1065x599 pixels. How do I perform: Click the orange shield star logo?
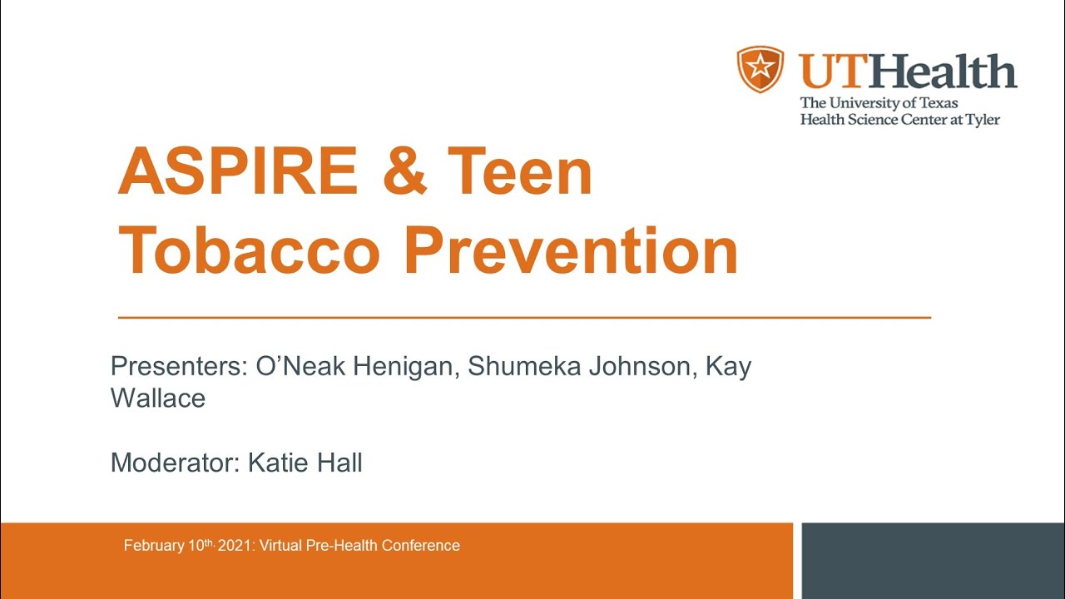(x=760, y=70)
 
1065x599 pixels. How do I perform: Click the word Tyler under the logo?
(x=981, y=120)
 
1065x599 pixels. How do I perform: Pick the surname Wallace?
(x=158, y=398)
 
